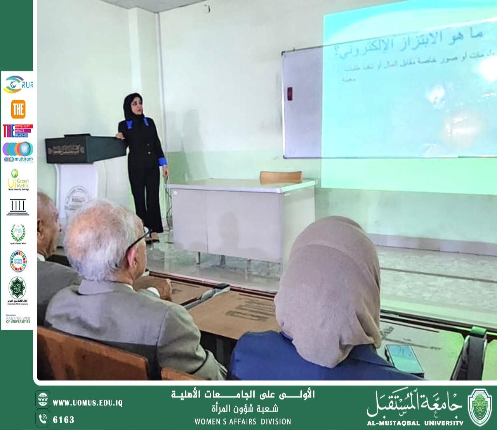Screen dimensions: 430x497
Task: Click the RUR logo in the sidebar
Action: pyautogui.click(x=18, y=84)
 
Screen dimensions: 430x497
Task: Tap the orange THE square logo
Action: pyautogui.click(x=18, y=109)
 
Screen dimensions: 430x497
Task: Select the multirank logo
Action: pyautogui.click(x=18, y=152)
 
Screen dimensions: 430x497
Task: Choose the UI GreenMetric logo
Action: pyautogui.click(x=18, y=180)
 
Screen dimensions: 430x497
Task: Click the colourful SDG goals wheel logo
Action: pyautogui.click(x=18, y=261)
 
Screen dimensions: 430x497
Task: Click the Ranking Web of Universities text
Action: pyautogui.click(x=18, y=319)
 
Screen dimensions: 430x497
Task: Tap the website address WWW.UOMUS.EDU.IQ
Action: pyautogui.click(x=87, y=403)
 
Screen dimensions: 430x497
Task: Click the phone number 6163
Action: pyautogui.click(x=63, y=420)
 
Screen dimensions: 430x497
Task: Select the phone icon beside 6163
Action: pyautogui.click(x=43, y=419)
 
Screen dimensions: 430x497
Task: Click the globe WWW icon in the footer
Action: pyautogui.click(x=43, y=399)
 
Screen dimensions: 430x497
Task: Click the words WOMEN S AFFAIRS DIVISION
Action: pyautogui.click(x=243, y=421)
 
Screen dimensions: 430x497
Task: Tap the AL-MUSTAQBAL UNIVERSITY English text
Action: pyautogui.click(x=415, y=423)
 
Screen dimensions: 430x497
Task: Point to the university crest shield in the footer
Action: pyautogui.click(x=480, y=407)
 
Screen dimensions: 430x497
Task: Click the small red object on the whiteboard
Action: pyautogui.click(x=290, y=94)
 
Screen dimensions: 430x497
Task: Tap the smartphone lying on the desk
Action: pyautogui.click(x=404, y=358)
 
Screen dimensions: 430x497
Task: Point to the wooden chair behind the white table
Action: pyautogui.click(x=281, y=176)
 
